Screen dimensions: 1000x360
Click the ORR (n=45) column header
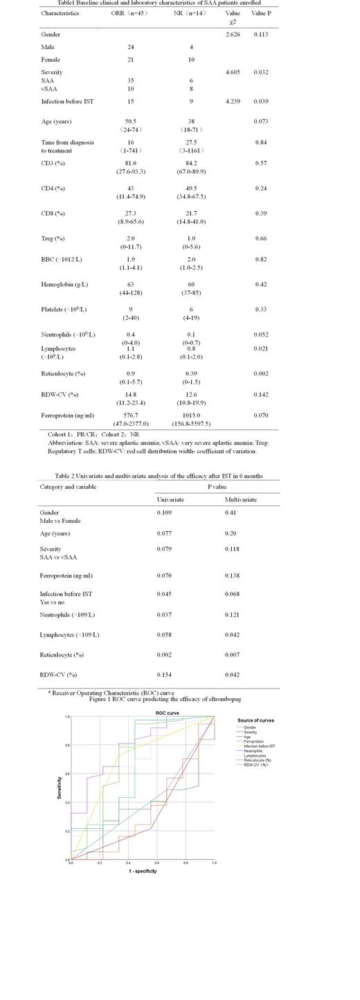(x=129, y=13)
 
